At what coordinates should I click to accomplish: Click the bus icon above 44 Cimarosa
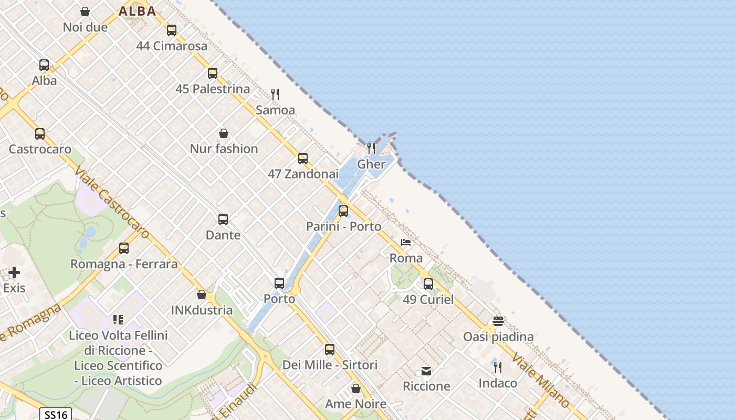click(x=172, y=30)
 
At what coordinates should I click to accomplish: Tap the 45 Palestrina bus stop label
click(x=213, y=89)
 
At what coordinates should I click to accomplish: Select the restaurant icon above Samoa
click(x=275, y=94)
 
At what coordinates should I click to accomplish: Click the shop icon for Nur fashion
click(x=224, y=133)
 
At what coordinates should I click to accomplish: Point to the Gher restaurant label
click(x=371, y=164)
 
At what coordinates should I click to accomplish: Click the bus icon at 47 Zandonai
click(x=303, y=159)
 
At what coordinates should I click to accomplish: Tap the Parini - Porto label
click(x=343, y=226)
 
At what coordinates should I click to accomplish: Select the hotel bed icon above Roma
click(x=406, y=243)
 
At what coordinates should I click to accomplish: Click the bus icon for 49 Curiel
click(x=428, y=284)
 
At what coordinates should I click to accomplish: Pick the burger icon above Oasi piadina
click(x=498, y=321)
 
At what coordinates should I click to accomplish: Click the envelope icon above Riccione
click(x=426, y=371)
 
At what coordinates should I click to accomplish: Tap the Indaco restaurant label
click(x=497, y=383)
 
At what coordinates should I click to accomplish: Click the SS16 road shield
click(x=56, y=415)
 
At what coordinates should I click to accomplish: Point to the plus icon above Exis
click(x=14, y=272)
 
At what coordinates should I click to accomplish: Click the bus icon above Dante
click(x=223, y=219)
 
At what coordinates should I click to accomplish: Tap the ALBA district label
click(x=137, y=11)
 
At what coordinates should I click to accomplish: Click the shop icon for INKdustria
click(x=202, y=295)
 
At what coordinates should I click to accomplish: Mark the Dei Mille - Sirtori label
click(x=330, y=365)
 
